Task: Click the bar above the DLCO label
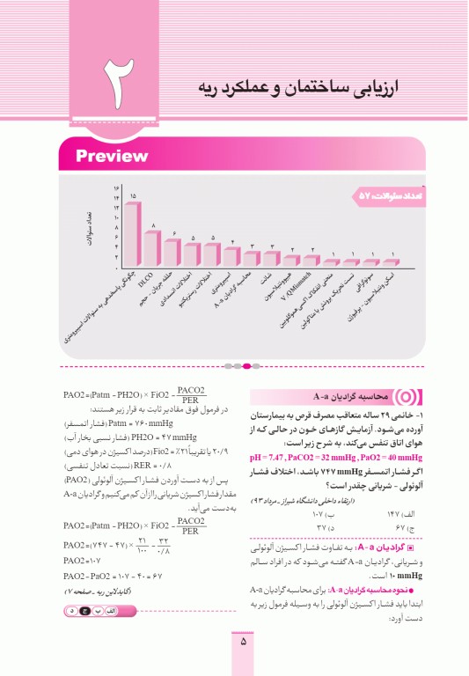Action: point(153,248)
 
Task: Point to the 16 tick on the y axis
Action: point(115,188)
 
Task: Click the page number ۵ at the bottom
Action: point(243,642)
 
